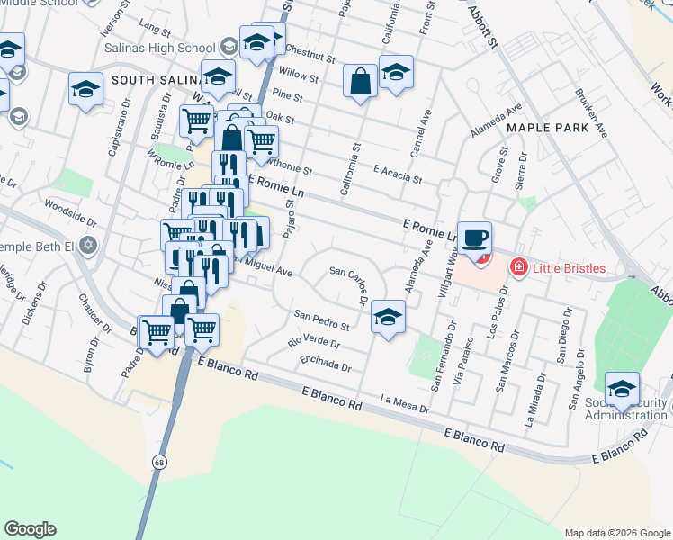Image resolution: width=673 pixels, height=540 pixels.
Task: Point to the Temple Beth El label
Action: point(36,244)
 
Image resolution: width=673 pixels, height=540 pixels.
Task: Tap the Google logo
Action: point(30,529)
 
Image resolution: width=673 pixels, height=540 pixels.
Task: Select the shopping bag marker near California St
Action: point(360,82)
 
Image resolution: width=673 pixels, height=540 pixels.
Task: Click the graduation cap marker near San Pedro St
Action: point(388,317)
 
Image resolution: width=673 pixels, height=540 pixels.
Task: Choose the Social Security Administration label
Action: point(627,407)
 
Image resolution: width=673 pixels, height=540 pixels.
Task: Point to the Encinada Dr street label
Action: point(327,364)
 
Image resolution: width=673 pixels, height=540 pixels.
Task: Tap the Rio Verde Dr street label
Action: point(314,342)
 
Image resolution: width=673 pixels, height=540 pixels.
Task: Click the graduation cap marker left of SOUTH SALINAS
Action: point(85,89)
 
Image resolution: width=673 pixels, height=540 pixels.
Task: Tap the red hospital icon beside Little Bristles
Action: point(517,266)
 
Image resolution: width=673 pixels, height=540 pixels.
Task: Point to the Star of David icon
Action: point(87,244)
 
